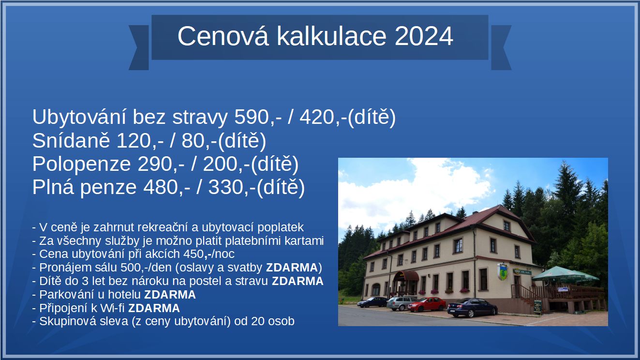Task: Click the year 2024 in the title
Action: [x=424, y=36]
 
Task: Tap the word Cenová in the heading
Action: [x=223, y=36]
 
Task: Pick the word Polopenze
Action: [x=81, y=165]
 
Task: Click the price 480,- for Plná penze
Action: [x=167, y=187]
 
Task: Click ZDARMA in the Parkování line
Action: [x=170, y=295]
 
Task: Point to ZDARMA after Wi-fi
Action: [x=154, y=308]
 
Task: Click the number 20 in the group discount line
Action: [x=257, y=321]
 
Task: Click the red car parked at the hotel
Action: [x=427, y=304]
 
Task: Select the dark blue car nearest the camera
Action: [x=472, y=308]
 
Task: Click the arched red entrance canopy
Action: [x=406, y=276]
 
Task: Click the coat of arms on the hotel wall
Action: [x=503, y=271]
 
